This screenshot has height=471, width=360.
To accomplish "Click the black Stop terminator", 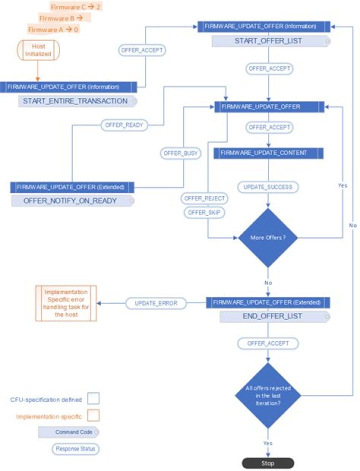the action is coord(267,463).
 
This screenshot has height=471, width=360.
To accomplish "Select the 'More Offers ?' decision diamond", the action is coord(267,237).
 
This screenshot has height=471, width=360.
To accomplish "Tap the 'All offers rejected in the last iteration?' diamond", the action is coord(267,395).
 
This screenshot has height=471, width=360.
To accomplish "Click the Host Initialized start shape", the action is coord(38,50).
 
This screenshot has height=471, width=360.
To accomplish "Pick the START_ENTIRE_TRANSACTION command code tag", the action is coord(77,101).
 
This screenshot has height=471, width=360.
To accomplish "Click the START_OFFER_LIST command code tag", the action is coord(271,41).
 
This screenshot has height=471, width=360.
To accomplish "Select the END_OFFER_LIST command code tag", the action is coord(274,316).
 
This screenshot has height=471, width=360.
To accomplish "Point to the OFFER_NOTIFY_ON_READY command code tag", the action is coord(72,200).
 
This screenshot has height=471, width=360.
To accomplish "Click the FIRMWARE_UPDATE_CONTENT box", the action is coord(268,153).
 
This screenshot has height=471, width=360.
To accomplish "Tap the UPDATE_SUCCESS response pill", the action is coord(267,187).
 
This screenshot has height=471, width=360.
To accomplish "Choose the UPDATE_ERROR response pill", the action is coord(156,303).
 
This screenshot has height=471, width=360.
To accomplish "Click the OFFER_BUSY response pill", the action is coord(180,153).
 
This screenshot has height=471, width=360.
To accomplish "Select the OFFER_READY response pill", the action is coord(124,125).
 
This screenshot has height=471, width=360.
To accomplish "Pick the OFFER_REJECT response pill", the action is coord(204,198).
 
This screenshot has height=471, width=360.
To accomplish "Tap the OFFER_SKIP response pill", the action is coord(204,212).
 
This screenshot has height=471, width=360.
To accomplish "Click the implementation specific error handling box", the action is coord(66,303).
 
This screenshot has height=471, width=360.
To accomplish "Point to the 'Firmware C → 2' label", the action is coord(75,7).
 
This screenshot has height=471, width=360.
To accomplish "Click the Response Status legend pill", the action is coord(75,449).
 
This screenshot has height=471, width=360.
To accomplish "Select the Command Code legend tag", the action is coord(68,432).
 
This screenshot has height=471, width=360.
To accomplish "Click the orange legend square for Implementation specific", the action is coord(93,415).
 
